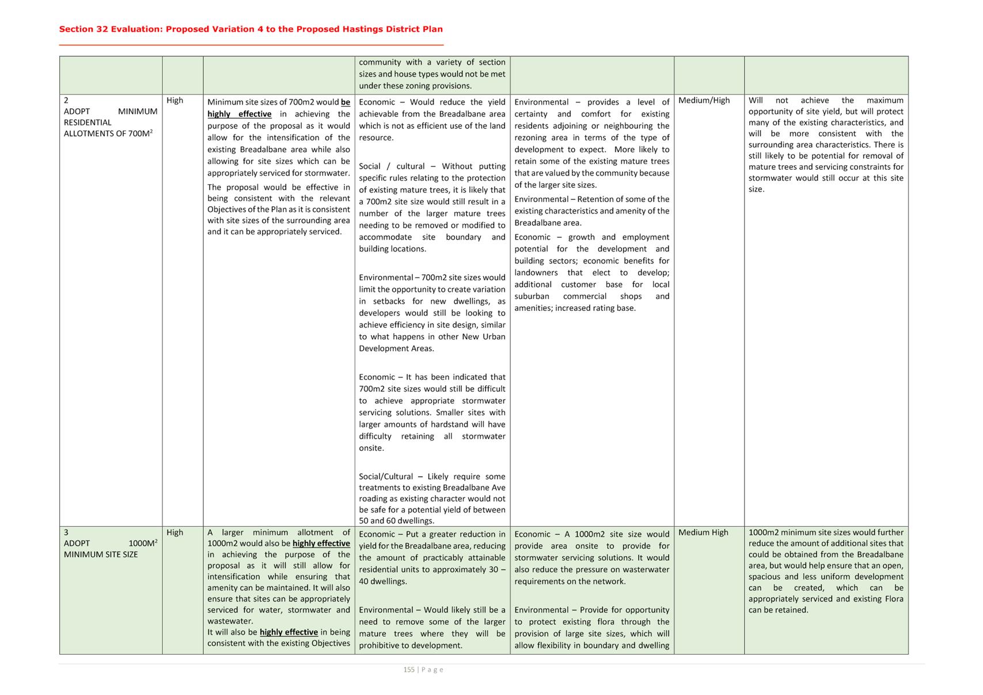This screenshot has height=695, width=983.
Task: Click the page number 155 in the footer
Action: pyautogui.click(x=409, y=670)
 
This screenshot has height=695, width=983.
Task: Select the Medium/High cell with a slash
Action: pyautogui.click(x=704, y=101)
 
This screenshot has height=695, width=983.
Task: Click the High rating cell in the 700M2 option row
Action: pyautogui.click(x=174, y=101)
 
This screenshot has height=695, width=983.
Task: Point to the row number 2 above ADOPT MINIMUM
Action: pyautogui.click(x=66, y=101)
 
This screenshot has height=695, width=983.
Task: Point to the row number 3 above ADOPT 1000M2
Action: pyautogui.click(x=66, y=533)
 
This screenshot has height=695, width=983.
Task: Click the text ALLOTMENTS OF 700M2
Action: pyautogui.click(x=108, y=134)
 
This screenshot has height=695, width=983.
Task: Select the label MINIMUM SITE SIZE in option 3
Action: pyautogui.click(x=101, y=555)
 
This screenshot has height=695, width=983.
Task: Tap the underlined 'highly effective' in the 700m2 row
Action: pyautogui.click(x=240, y=114)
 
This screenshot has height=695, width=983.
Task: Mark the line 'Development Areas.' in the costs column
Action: pyautogui.click(x=396, y=349)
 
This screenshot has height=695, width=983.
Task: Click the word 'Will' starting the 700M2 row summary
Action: pyautogui.click(x=756, y=101)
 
